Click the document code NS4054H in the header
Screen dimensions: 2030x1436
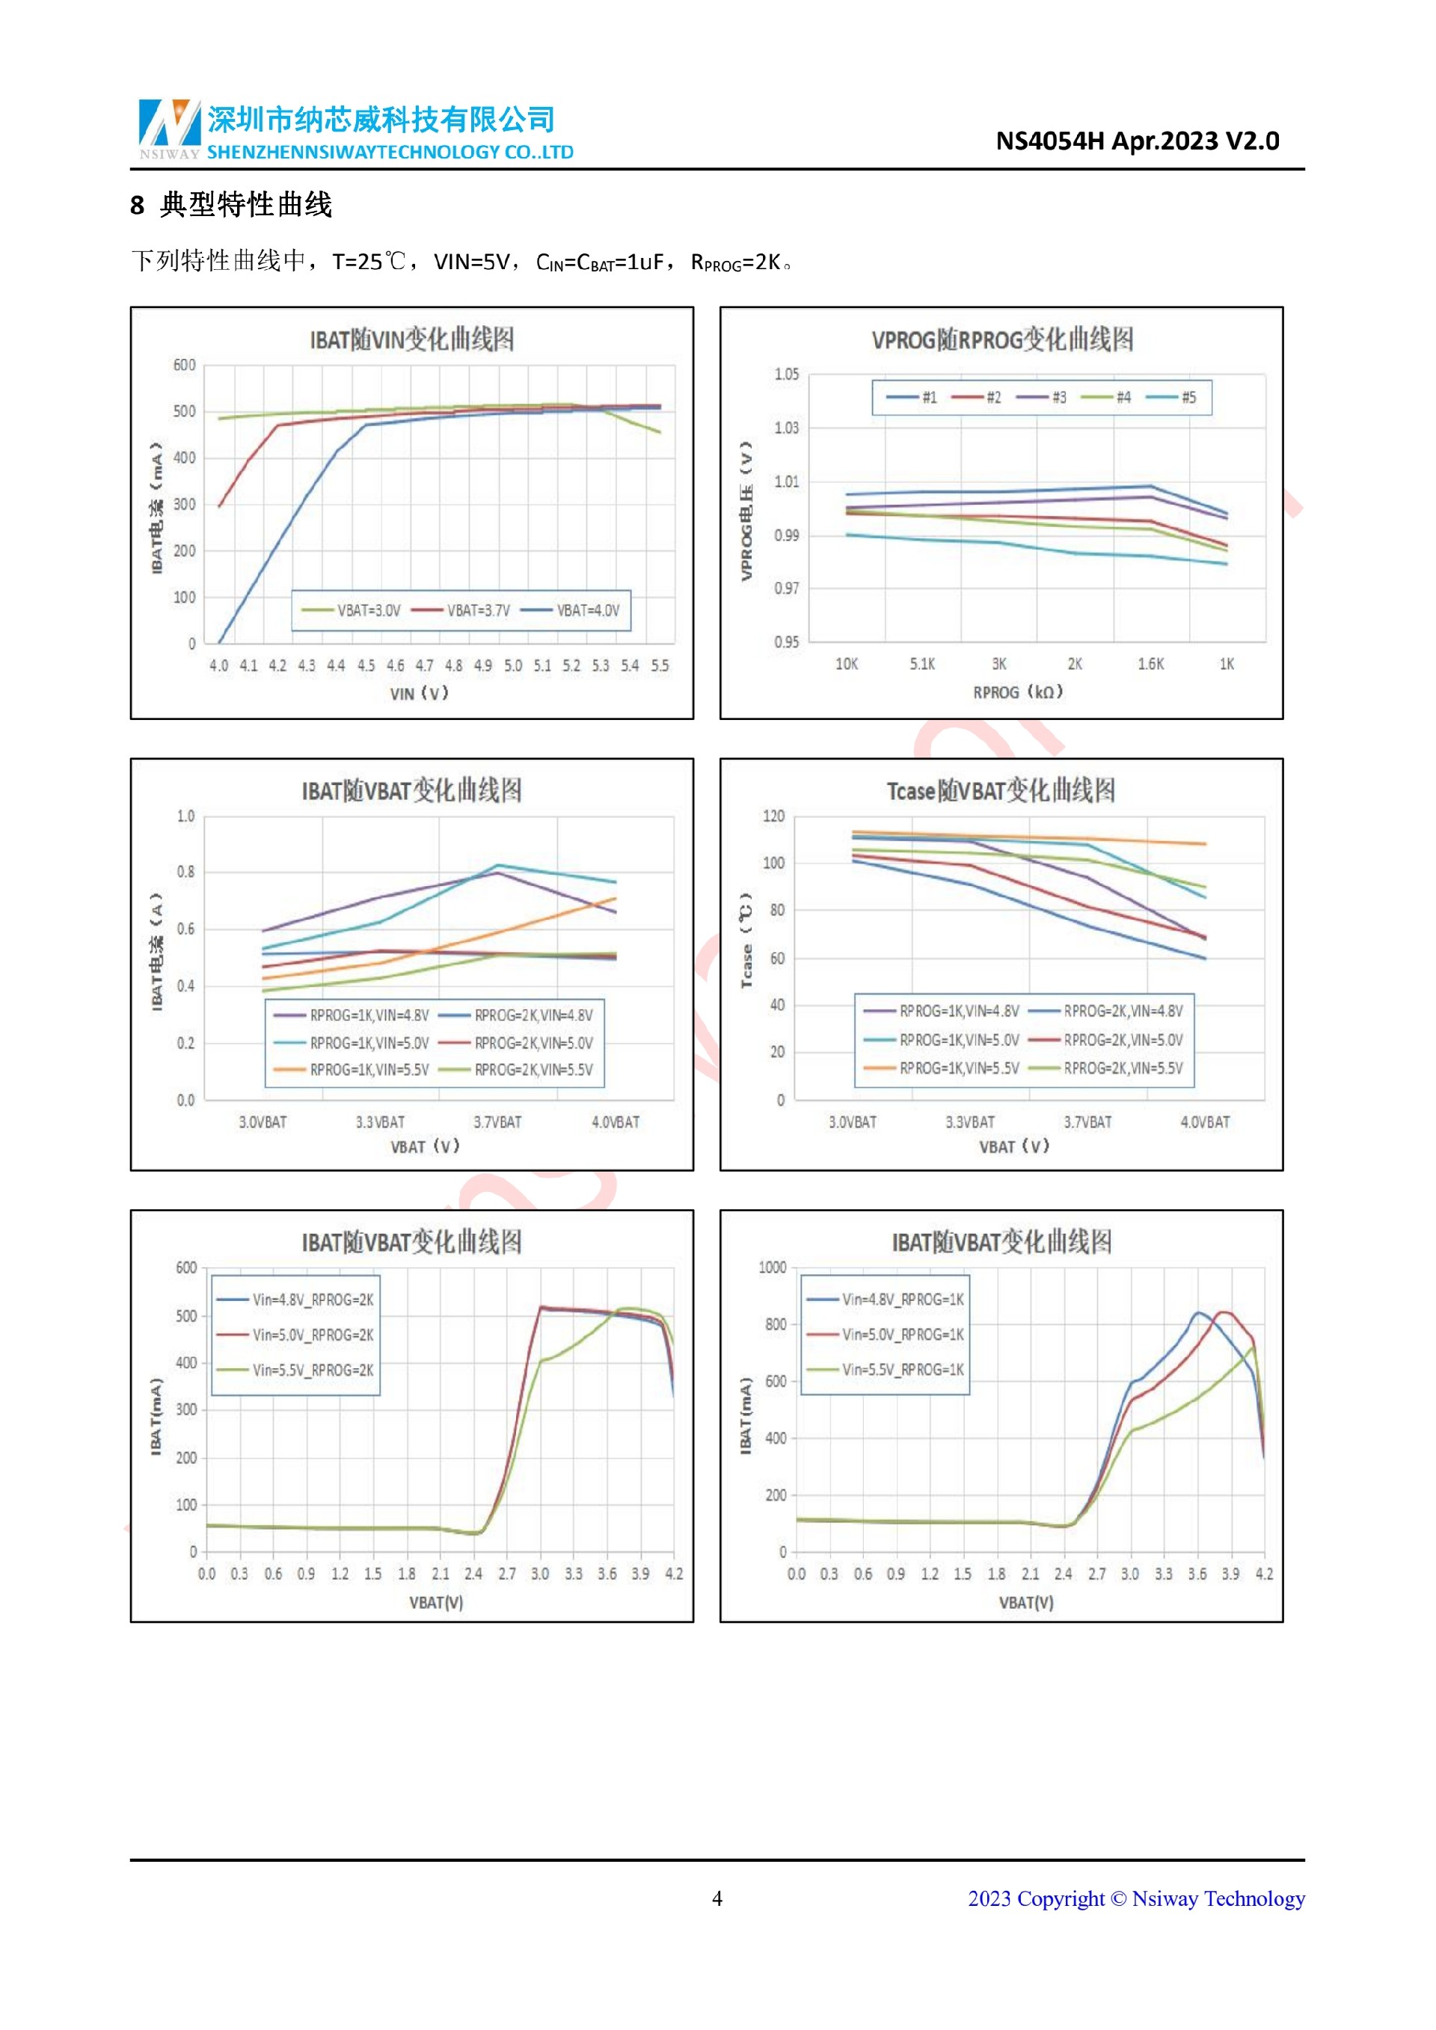[1049, 141]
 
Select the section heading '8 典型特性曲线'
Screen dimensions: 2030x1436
[231, 205]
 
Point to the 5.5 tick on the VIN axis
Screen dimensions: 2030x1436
[660, 665]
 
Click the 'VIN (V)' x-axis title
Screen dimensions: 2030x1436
[419, 694]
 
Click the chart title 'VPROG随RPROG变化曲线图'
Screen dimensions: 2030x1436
[1002, 339]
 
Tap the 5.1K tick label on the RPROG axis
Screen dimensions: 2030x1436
[922, 664]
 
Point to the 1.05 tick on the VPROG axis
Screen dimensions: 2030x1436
[786, 374]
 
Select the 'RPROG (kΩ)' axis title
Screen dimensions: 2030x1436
[1018, 692]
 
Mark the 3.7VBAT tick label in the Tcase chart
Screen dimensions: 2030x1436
[1087, 1122]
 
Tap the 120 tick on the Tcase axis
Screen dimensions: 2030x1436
[773, 816]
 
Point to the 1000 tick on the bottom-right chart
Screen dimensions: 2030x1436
[772, 1268]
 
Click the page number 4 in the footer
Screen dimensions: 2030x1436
[717, 1898]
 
